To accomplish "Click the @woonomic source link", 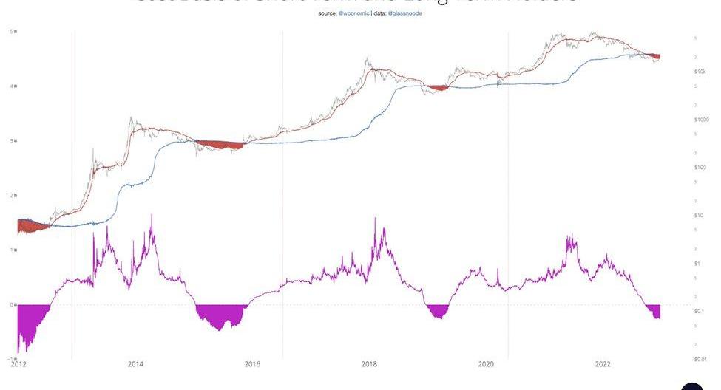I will pyautogui.click(x=353, y=14).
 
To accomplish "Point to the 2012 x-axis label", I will pyautogui.click(x=18, y=363).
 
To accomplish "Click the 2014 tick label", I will pyautogui.click(x=135, y=363).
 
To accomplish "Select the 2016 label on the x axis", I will pyautogui.click(x=252, y=363).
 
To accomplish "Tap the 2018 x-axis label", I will pyautogui.click(x=369, y=363).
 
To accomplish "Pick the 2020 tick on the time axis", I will pyautogui.click(x=486, y=363).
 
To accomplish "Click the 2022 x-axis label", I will pyautogui.click(x=603, y=363).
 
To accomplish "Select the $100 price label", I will pyautogui.click(x=700, y=168).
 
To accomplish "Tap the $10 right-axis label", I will pyautogui.click(x=698, y=216).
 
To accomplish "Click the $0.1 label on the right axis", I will pyautogui.click(x=699, y=312).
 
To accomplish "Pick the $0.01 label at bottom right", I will pyautogui.click(x=700, y=360).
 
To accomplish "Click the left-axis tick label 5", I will pyautogui.click(x=12, y=31).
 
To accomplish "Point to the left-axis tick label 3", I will pyautogui.click(x=12, y=140).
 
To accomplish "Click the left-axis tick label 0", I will pyautogui.click(x=12, y=304).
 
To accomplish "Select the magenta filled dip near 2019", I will pyautogui.click(x=439, y=311).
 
